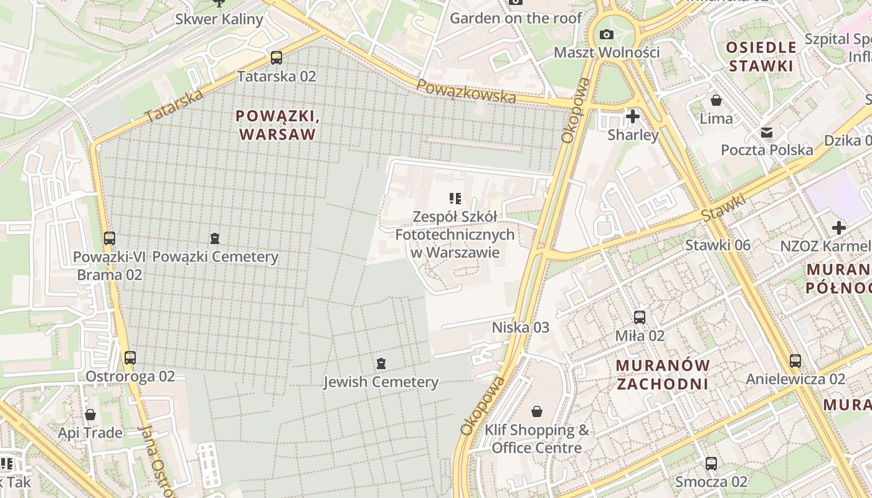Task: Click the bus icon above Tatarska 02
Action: click(276, 58)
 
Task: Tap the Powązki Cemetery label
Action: click(215, 256)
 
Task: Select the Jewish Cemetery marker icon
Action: click(381, 364)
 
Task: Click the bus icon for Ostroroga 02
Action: click(130, 358)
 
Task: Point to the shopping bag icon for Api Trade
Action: click(90, 415)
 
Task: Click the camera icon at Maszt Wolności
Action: click(607, 34)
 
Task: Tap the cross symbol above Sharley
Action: click(633, 116)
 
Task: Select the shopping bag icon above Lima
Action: click(716, 100)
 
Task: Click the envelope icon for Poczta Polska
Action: click(767, 132)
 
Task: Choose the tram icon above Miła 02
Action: click(640, 317)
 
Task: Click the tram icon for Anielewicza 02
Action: click(795, 360)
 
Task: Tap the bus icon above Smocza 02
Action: click(711, 463)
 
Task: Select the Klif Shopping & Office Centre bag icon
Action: click(537, 411)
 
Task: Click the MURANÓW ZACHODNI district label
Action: click(663, 374)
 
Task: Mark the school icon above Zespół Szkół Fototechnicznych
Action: click(455, 199)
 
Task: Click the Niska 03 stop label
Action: click(521, 327)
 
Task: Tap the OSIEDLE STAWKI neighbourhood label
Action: click(761, 57)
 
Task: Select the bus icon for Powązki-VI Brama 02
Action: click(110, 238)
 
